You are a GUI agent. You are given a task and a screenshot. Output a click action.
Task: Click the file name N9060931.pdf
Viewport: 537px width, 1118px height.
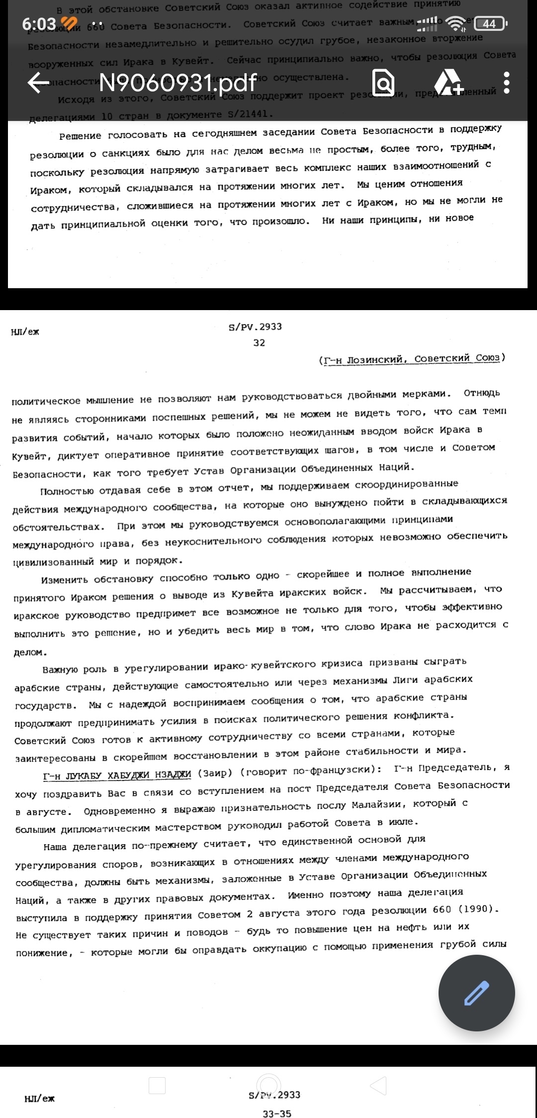pyautogui.click(x=178, y=83)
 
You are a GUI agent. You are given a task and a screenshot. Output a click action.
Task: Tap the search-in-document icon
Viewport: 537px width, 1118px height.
pyautogui.click(x=383, y=83)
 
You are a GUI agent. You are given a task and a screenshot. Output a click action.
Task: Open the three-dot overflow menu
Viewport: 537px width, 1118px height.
pyautogui.click(x=507, y=83)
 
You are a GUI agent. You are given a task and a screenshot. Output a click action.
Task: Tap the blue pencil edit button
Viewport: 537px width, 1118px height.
pyautogui.click(x=476, y=993)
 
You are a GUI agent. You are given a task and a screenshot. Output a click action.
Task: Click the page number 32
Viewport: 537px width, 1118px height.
pyautogui.click(x=259, y=343)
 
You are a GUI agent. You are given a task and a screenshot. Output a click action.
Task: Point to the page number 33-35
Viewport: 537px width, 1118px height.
pyautogui.click(x=277, y=1114)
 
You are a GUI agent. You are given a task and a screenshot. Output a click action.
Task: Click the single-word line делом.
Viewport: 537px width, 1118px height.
pyautogui.click(x=30, y=653)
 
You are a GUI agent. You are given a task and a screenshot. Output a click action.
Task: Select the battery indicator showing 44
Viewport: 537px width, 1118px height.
pyautogui.click(x=489, y=23)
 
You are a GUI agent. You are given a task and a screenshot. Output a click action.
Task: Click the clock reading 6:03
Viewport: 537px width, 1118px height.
pyautogui.click(x=39, y=23)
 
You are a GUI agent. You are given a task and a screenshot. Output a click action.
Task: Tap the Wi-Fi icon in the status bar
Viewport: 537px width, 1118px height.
pyautogui.click(x=455, y=23)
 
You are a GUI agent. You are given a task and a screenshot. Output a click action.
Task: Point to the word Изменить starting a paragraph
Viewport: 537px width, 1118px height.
pyautogui.click(x=64, y=580)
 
